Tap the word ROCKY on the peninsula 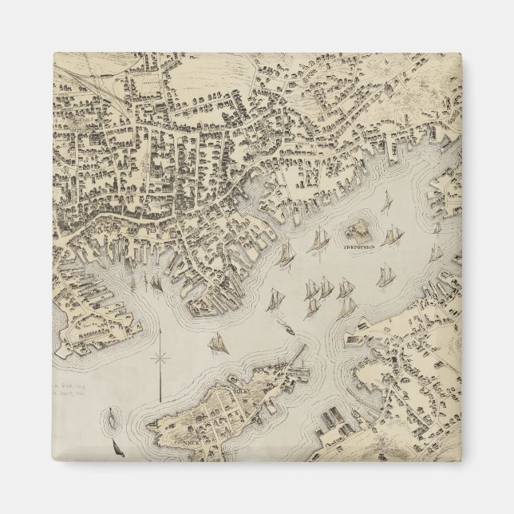point(242,391)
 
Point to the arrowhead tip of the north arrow point(160,330)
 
